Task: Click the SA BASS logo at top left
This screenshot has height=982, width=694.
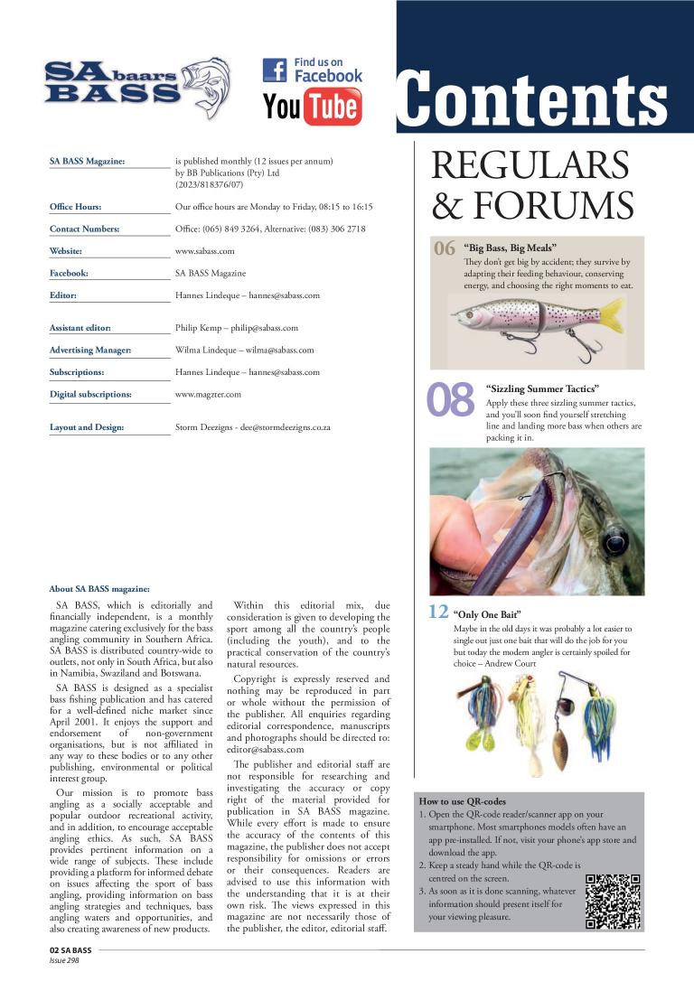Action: point(136,88)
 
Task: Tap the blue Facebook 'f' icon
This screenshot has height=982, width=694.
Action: point(275,70)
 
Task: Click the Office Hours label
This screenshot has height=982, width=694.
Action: point(75,207)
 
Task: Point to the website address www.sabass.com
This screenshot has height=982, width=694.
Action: point(204,250)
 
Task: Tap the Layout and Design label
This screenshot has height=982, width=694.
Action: point(87,427)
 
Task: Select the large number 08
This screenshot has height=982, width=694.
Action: point(450,403)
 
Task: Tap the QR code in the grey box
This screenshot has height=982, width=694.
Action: point(613,901)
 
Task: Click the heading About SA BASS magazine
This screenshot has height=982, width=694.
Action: point(93,588)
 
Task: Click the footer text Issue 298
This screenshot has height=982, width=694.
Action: point(66,961)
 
